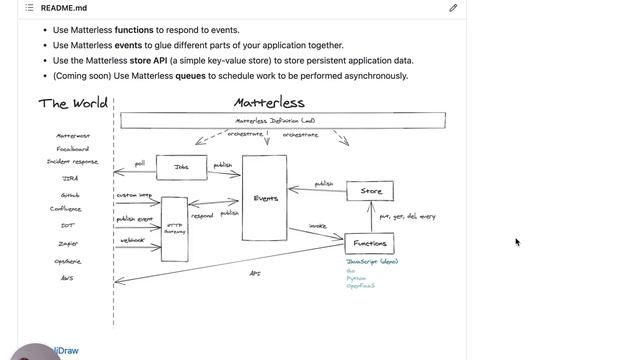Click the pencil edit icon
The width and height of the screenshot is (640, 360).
453,8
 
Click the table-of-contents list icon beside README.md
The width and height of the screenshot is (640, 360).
29,8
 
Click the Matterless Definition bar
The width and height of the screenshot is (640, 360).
283,120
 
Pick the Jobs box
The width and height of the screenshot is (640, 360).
181,168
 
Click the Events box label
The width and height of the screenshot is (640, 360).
265,198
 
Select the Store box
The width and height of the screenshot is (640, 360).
370,191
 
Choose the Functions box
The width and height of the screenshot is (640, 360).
370,243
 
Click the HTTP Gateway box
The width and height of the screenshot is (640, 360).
174,229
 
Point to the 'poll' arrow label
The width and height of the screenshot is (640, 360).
140,162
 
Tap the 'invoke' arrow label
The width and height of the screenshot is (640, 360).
317,226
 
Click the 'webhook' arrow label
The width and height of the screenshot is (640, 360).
133,240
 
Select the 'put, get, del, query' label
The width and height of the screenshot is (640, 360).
407,216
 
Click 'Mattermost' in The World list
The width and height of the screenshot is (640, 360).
73,136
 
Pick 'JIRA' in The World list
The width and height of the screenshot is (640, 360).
70,178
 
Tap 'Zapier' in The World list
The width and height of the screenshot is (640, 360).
69,242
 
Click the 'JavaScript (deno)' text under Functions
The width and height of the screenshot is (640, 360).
372,261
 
